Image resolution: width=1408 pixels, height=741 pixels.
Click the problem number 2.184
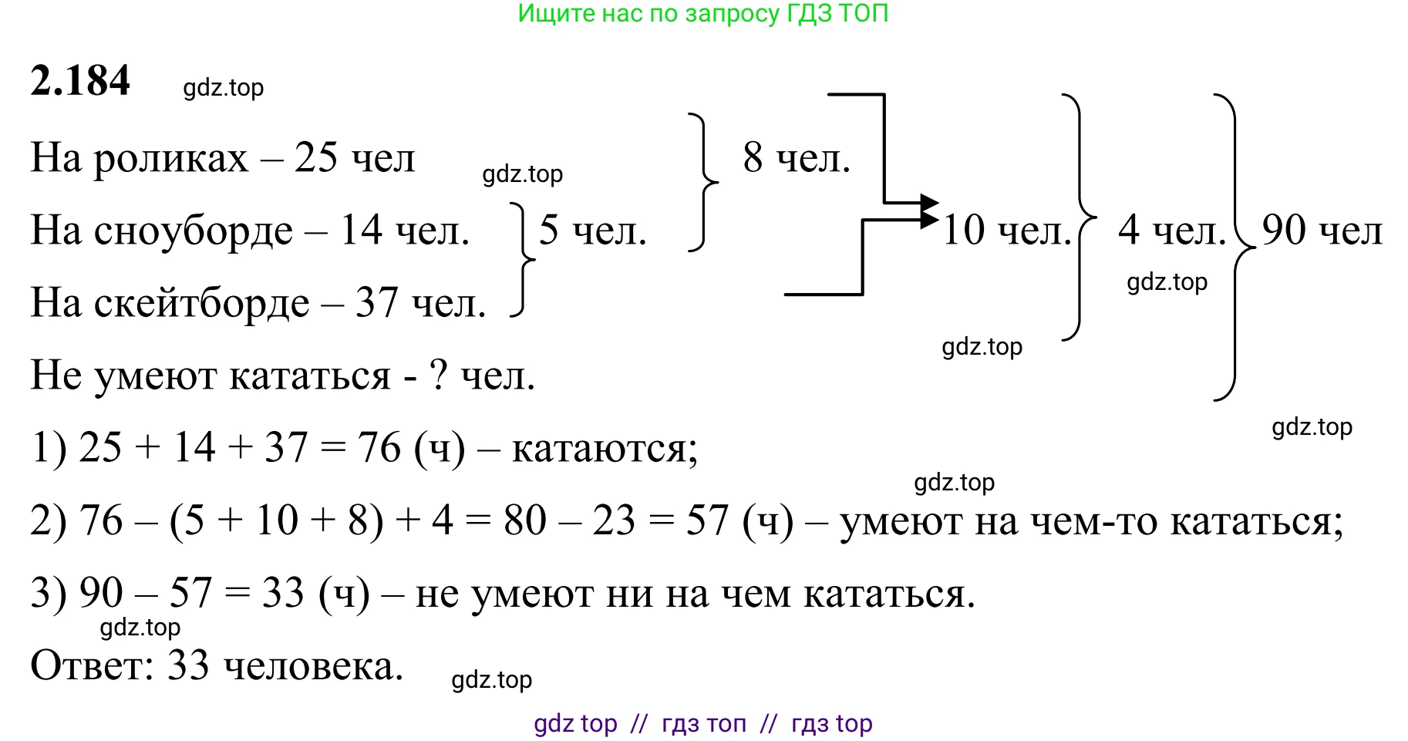point(80,81)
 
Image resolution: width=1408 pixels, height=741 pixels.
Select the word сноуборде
point(194,231)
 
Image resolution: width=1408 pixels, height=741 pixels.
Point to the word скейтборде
point(201,303)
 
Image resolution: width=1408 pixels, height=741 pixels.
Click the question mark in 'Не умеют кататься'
point(438,375)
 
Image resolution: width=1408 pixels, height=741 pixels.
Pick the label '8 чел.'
point(797,158)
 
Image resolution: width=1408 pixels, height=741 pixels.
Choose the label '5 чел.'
point(592,230)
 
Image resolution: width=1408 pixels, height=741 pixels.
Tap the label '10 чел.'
point(1007,230)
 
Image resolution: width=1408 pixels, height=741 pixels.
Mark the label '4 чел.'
point(1172,230)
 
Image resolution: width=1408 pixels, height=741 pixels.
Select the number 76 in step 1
point(379,448)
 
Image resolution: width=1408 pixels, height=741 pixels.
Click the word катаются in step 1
point(605,450)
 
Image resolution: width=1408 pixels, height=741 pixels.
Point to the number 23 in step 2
point(614,520)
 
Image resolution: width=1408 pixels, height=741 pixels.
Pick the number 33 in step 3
point(283,593)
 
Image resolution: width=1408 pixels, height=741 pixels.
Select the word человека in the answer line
point(314,666)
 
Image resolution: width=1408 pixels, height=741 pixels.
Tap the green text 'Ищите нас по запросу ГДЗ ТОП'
point(703,14)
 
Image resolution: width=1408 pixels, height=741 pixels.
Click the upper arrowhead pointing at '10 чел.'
point(931,204)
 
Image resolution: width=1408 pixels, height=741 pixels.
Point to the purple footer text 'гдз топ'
point(704,724)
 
